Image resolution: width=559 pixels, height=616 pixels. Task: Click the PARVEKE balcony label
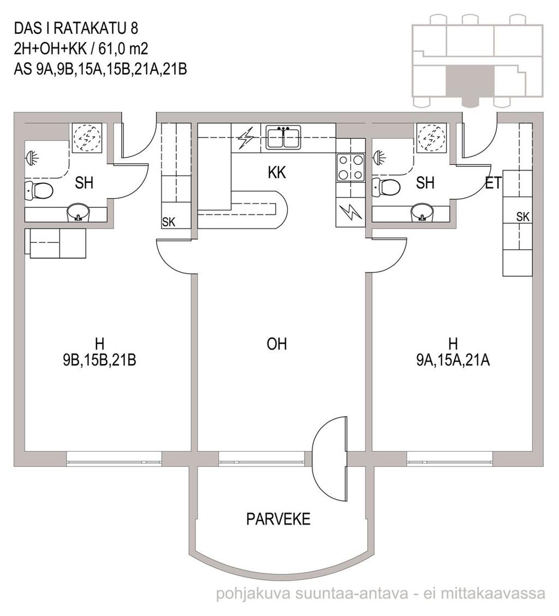pyautogui.click(x=278, y=519)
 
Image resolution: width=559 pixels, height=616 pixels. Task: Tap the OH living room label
pyautogui.click(x=277, y=344)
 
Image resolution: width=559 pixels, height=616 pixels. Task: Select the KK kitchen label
pyautogui.click(x=277, y=172)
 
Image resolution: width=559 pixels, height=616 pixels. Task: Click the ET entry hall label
pyautogui.click(x=493, y=183)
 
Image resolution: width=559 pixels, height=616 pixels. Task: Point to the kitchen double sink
pyautogui.click(x=283, y=137)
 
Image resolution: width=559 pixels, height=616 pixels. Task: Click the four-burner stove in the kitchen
pyautogui.click(x=350, y=168)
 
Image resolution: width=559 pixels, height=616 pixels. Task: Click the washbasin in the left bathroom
pyautogui.click(x=79, y=213)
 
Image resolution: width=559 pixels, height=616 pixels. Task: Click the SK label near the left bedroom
pyautogui.click(x=169, y=223)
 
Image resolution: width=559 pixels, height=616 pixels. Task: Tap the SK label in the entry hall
pyautogui.click(x=523, y=217)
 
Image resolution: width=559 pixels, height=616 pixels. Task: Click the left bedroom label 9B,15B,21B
pyautogui.click(x=99, y=360)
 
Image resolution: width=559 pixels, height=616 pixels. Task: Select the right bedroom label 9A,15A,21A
pyautogui.click(x=453, y=360)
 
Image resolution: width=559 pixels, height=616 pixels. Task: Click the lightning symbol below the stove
pyautogui.click(x=351, y=213)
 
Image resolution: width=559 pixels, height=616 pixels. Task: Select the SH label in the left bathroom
pyautogui.click(x=84, y=183)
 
